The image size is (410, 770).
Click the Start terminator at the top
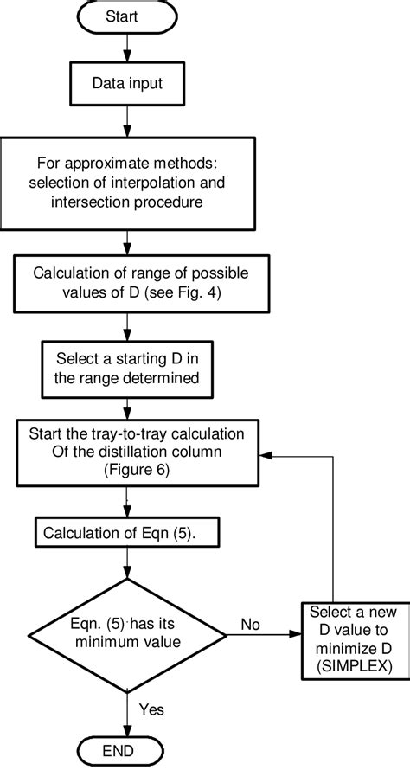tap(128, 16)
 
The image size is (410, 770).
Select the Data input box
tap(128, 84)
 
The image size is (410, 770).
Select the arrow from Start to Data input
tap(128, 49)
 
